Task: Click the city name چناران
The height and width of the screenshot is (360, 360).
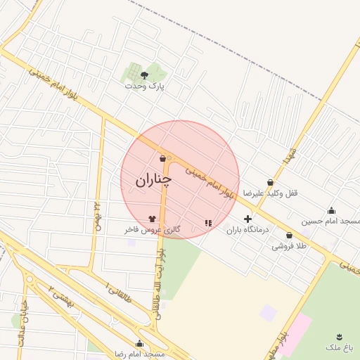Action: click(153, 180)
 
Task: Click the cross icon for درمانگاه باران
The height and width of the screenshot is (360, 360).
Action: click(247, 219)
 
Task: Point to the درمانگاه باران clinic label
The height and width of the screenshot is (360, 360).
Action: click(243, 229)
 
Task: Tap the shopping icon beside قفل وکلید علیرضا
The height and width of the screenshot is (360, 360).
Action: click(270, 182)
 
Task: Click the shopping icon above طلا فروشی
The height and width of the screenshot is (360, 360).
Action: click(289, 236)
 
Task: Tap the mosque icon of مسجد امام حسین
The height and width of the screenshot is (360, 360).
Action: click(332, 210)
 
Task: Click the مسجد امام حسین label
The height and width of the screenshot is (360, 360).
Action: click(330, 221)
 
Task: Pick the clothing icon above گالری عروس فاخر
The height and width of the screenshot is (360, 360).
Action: click(153, 219)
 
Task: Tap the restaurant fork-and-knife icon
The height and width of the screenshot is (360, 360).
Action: click(207, 223)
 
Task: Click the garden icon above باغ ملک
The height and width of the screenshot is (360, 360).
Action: click(340, 337)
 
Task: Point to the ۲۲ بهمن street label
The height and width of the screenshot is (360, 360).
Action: click(96, 215)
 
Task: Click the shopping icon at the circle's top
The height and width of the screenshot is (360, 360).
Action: click(162, 158)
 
